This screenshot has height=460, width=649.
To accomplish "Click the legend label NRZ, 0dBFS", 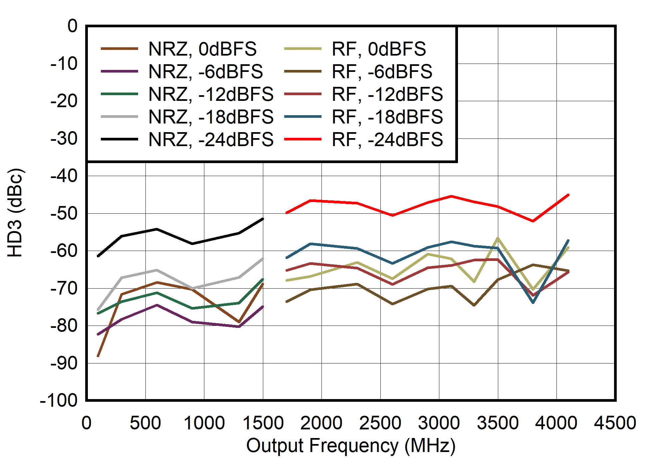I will [x=202, y=49].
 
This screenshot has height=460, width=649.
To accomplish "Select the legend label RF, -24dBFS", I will [x=387, y=139].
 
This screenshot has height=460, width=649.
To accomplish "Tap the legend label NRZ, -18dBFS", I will [x=211, y=117].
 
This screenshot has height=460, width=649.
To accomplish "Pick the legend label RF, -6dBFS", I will [x=382, y=72].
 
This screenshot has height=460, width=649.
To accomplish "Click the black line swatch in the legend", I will [x=119, y=139].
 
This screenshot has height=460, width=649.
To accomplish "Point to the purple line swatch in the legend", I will [x=119, y=72].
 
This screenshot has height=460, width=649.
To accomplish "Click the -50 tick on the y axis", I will [x=64, y=213].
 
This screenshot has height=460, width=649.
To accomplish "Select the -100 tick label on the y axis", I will [x=59, y=400].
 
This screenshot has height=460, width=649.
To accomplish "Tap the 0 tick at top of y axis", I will [x=72, y=26].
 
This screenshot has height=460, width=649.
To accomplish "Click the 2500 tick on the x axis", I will [x=380, y=423].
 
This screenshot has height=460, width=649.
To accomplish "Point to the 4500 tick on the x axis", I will [x=615, y=423].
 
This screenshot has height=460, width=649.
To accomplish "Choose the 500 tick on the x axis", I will [x=145, y=423].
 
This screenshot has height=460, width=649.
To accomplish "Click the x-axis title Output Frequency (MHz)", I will [x=350, y=446].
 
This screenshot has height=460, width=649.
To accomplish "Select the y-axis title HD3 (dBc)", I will [x=15, y=213].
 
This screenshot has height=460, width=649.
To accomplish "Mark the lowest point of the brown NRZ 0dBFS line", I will [x=98, y=356].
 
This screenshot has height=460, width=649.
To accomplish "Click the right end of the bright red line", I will [x=568, y=195].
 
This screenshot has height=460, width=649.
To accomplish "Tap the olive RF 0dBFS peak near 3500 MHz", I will [x=498, y=238].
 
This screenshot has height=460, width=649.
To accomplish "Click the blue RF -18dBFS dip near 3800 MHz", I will [x=533, y=302].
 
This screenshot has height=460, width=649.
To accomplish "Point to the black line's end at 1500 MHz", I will [x=263, y=219].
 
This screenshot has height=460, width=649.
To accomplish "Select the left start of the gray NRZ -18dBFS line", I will [x=98, y=310].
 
